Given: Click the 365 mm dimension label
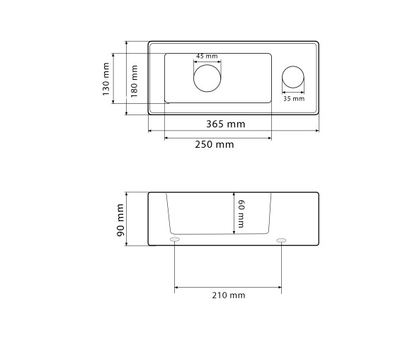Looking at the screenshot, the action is click(226, 124).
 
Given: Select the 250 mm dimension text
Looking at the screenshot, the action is click(215, 145).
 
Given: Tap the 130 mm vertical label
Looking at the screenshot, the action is click(106, 79).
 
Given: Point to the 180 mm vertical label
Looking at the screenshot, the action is click(135, 81).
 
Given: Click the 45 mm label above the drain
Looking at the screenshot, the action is click(207, 56).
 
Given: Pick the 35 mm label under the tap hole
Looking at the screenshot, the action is click(294, 99).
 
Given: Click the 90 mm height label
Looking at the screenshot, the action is click(120, 220).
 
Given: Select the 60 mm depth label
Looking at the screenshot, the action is click(241, 213).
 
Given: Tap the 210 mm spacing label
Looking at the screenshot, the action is click(229, 295).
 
